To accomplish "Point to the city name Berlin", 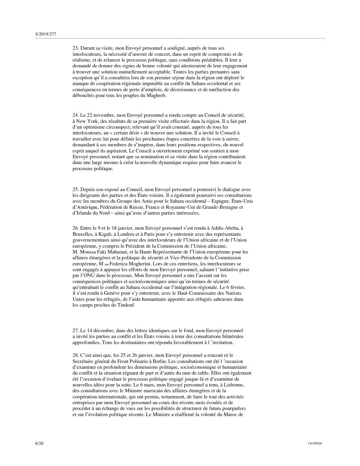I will (x=161, y=361).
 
